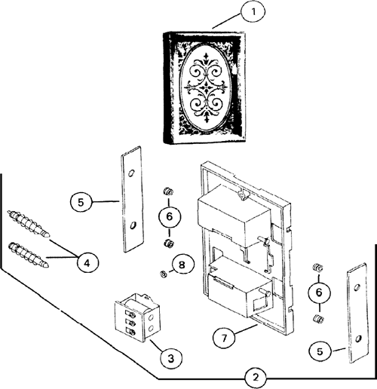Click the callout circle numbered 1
(x=253, y=12)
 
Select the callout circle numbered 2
(x=256, y=378)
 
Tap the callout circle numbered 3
(x=171, y=358)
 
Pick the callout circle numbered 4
(x=87, y=263)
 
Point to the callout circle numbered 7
(x=224, y=338)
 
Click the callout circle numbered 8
(x=182, y=265)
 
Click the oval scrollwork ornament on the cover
(x=206, y=88)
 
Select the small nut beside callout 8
(x=164, y=274)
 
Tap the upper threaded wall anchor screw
(x=29, y=223)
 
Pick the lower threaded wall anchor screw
(x=28, y=255)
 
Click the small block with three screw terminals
(x=137, y=317)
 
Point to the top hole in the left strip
(x=131, y=173)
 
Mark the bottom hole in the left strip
(x=133, y=225)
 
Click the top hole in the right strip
(x=357, y=287)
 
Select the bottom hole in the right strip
(x=358, y=338)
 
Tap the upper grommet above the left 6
(x=168, y=191)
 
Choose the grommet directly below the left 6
(x=168, y=243)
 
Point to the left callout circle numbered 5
(x=81, y=203)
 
